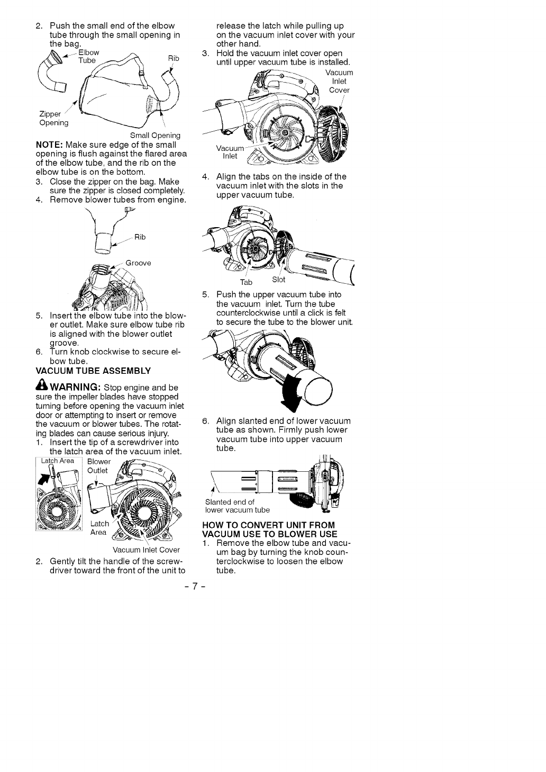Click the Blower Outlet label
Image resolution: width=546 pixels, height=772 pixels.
click(98, 465)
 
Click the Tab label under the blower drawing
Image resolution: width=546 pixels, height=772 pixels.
click(246, 282)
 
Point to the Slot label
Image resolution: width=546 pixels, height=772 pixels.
click(278, 280)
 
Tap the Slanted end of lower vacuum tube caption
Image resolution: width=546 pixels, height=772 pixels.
click(236, 506)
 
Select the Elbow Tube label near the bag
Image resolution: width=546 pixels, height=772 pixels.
click(88, 57)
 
